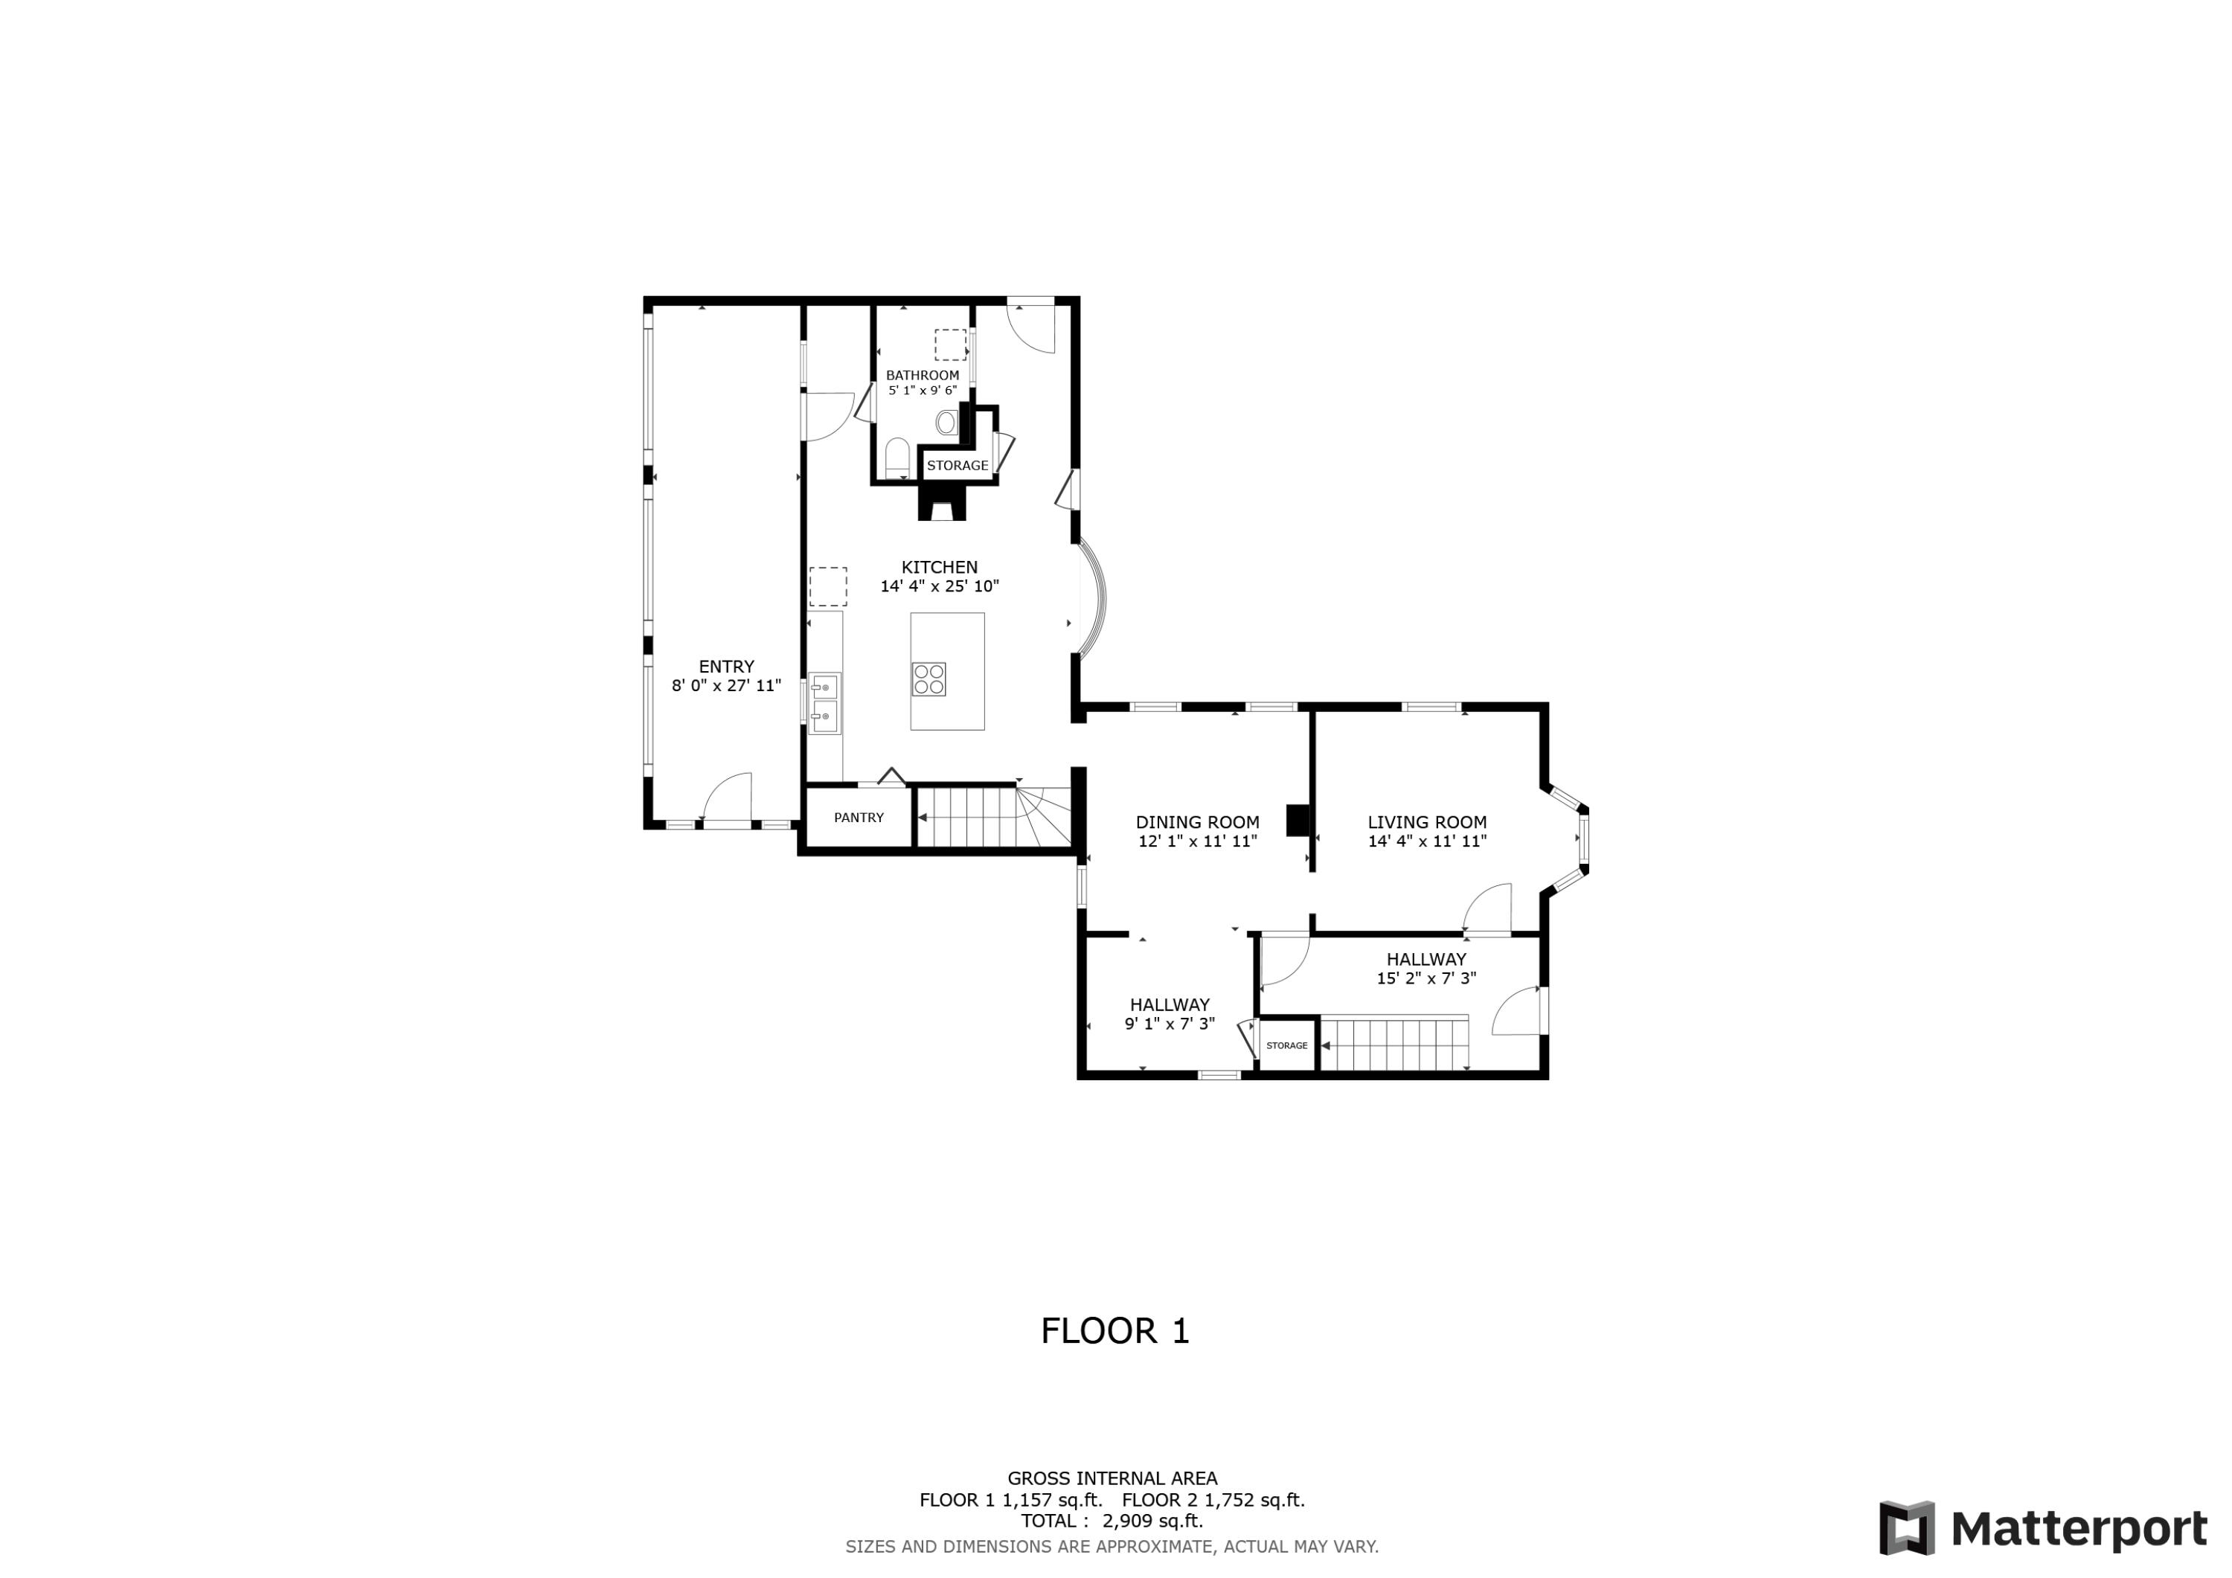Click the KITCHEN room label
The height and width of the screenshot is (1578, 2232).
click(939, 568)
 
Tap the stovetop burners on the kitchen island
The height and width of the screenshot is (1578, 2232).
click(929, 679)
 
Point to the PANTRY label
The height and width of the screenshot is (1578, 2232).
click(859, 818)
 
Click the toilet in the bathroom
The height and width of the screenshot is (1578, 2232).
click(897, 458)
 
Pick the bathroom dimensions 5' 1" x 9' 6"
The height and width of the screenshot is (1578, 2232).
click(923, 391)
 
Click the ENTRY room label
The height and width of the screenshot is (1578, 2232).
click(726, 667)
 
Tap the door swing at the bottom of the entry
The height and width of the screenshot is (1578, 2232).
click(727, 799)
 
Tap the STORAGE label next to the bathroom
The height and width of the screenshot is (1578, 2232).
click(958, 466)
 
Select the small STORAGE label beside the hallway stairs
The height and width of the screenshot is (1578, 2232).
click(1287, 1046)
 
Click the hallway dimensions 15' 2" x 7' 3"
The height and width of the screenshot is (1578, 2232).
click(1426, 979)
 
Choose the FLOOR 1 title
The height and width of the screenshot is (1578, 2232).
click(1115, 1331)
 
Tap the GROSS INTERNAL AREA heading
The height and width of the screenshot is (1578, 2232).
click(1112, 1479)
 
